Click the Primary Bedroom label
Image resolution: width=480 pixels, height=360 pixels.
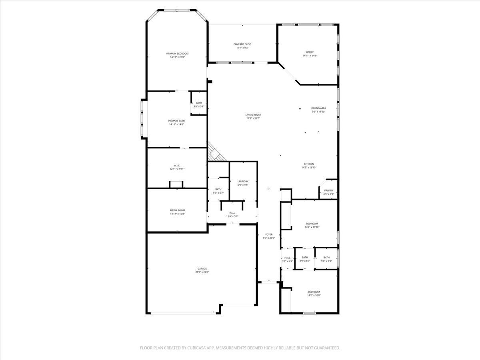(x=177, y=54)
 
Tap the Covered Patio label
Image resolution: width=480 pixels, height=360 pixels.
(x=242, y=44)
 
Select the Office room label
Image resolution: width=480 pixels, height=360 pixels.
(x=310, y=52)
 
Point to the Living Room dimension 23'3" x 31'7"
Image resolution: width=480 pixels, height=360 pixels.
(x=253, y=118)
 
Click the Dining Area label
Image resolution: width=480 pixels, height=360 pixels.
(x=318, y=108)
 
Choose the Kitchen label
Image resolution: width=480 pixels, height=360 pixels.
(x=309, y=164)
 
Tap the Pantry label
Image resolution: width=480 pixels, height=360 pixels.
(x=328, y=191)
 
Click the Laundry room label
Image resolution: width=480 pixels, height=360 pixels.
(x=243, y=181)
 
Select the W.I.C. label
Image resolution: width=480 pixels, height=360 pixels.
(x=177, y=165)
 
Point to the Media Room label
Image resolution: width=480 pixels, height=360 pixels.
(x=177, y=210)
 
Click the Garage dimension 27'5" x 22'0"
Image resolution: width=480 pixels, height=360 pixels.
(x=202, y=272)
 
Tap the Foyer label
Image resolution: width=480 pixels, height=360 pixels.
(x=269, y=234)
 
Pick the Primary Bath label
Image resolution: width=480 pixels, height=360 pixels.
(x=176, y=121)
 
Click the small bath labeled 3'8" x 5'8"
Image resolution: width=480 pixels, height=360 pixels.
(x=199, y=105)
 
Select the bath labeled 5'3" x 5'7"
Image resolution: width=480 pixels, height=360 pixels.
(x=218, y=191)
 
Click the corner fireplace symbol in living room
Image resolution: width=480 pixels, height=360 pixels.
(x=215, y=152)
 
